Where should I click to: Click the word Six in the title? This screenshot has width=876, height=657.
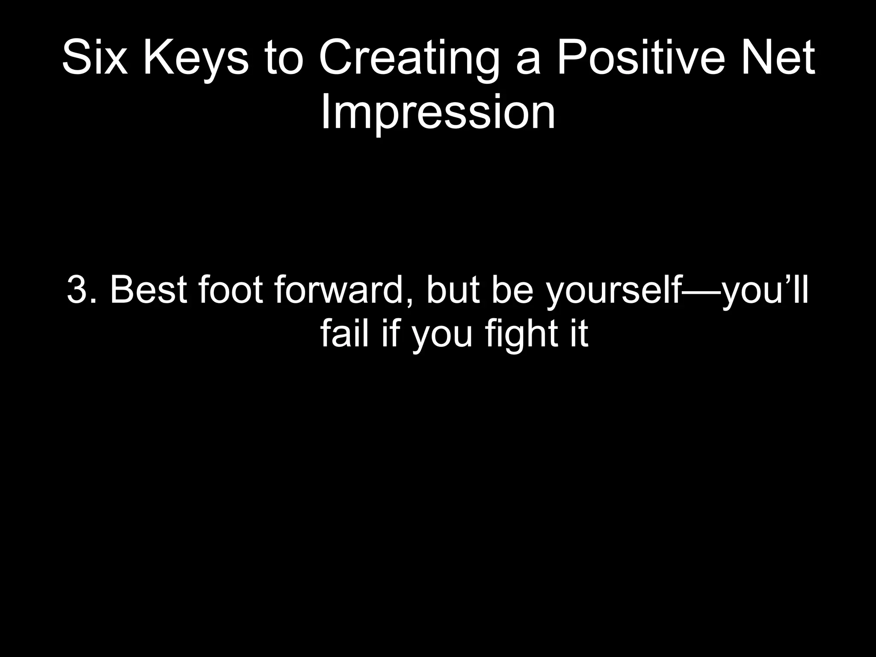pyautogui.click(x=95, y=58)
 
